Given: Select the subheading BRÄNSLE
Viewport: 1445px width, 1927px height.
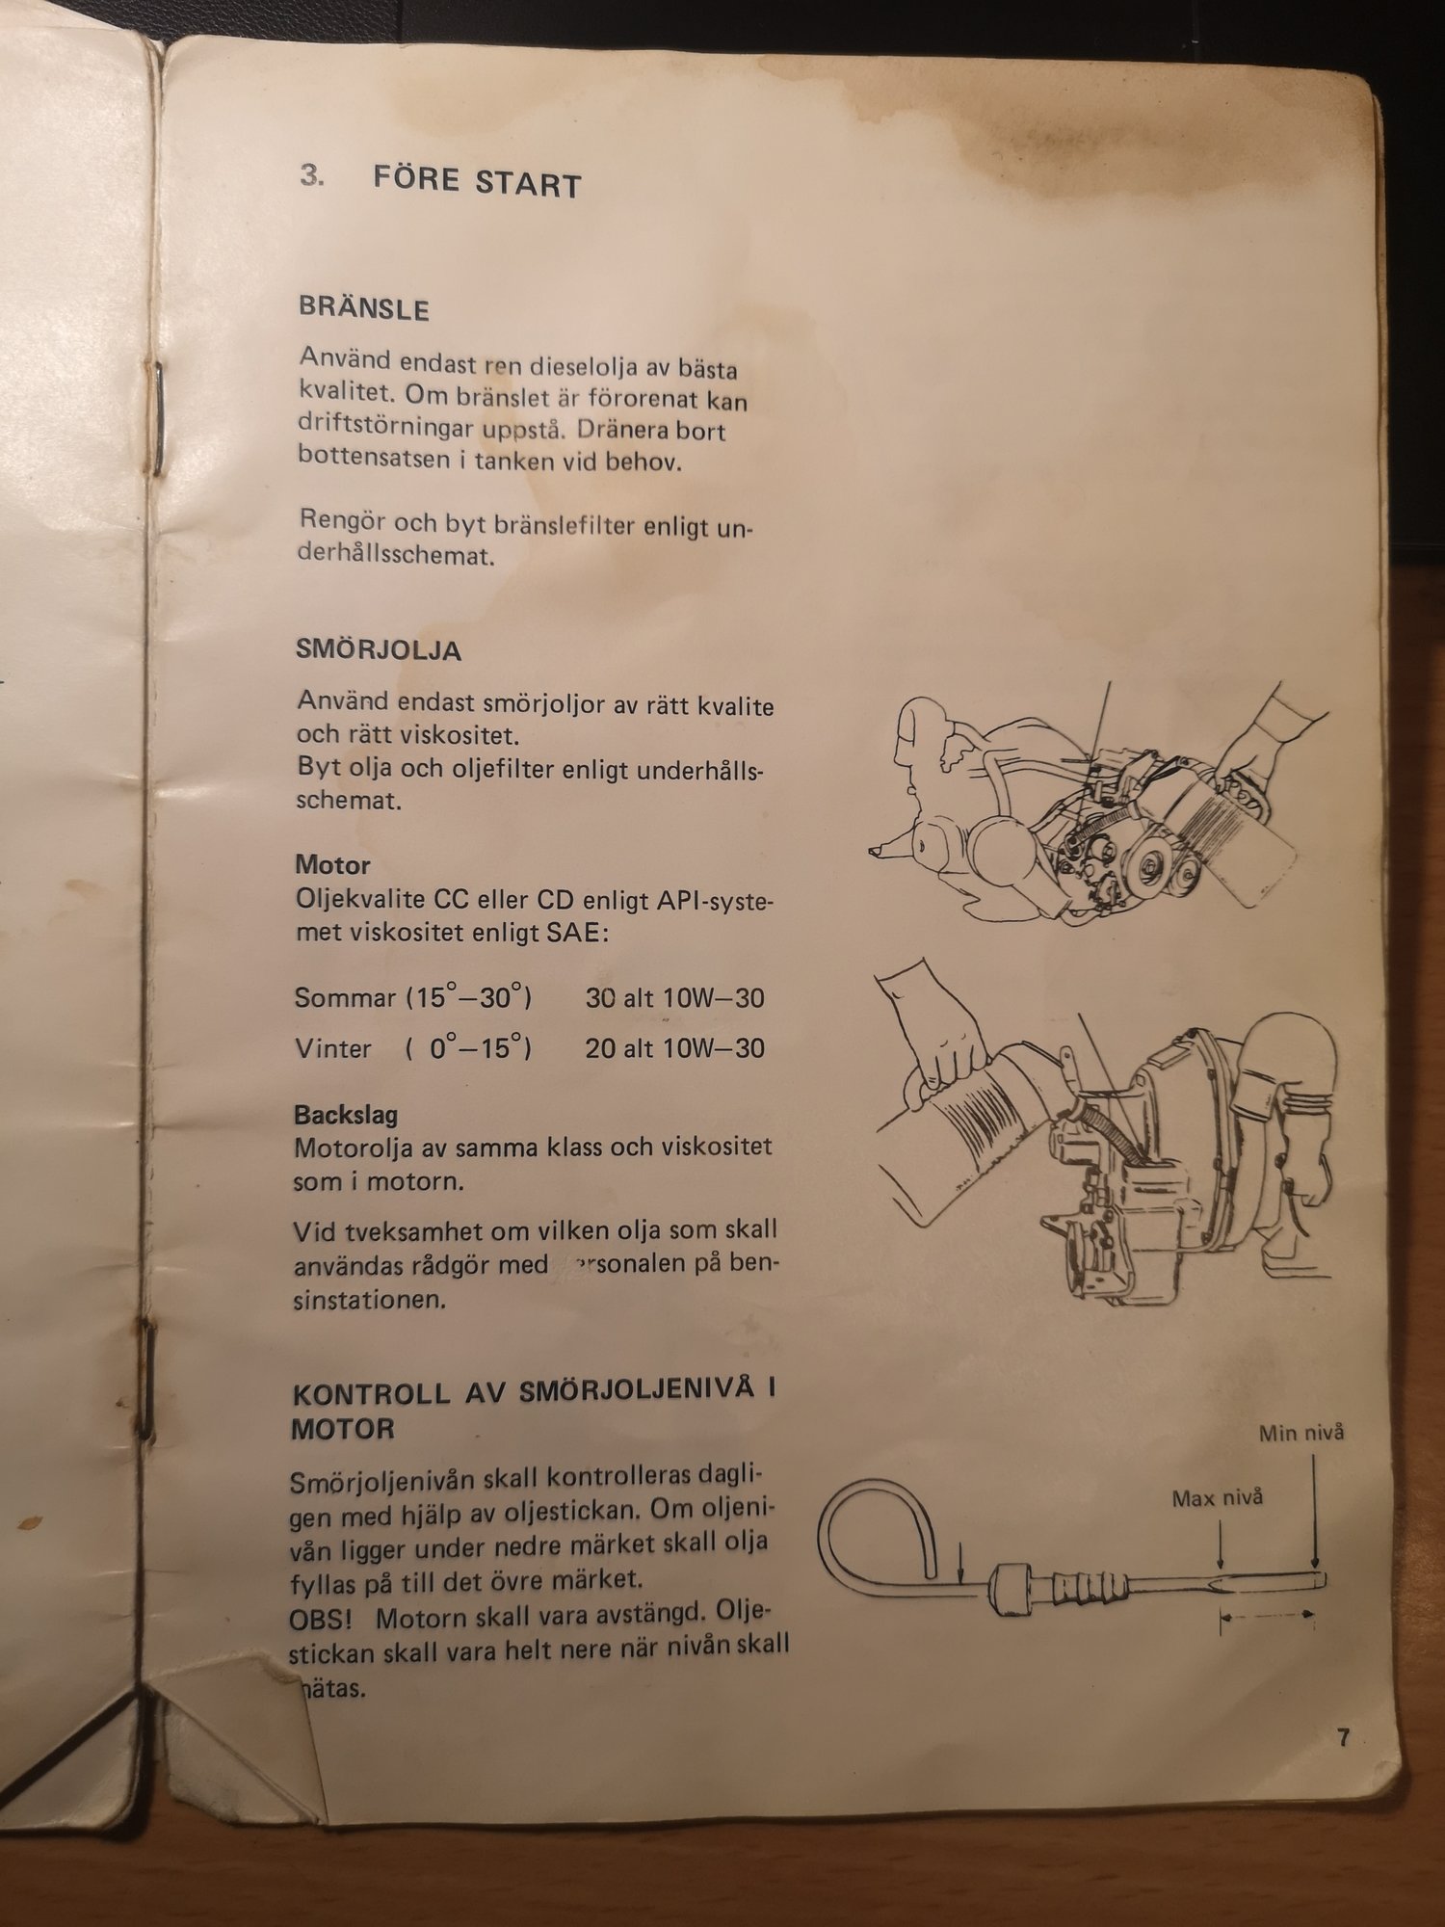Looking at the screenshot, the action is pos(363,308).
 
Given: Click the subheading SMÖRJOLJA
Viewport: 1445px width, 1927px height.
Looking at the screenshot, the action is pos(379,649).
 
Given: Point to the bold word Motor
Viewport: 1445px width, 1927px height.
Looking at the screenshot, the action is pos(332,864).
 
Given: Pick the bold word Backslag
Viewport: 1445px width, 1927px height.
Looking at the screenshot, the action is pos(346,1115).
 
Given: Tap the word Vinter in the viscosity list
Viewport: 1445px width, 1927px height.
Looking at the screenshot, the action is pos(332,1047).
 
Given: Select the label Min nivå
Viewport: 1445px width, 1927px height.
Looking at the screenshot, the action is pos(1300,1433).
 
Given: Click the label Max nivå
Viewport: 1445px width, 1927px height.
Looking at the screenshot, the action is pos(1217,1497).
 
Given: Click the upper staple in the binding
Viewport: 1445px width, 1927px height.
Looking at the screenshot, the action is pos(155,419).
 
